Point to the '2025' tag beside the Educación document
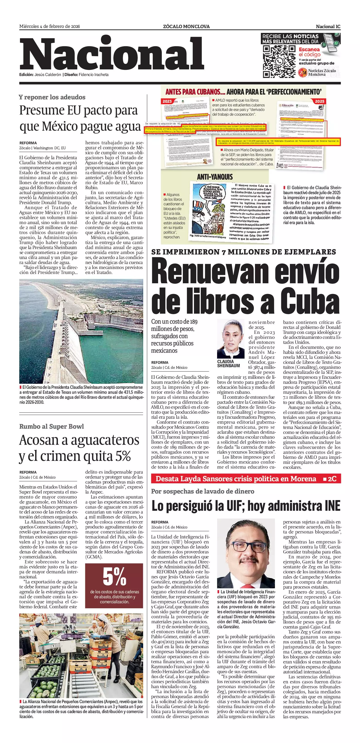coord(319,101)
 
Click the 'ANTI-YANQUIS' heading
coord(215,177)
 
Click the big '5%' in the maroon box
coord(114,577)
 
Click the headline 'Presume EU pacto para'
coord(78,110)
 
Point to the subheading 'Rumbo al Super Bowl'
coord(52,426)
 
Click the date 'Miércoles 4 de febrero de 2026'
coord(50,27)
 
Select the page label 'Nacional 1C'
coord(328,27)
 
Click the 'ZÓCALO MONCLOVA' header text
coord(186,27)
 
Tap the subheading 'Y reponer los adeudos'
coord(52,97)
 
